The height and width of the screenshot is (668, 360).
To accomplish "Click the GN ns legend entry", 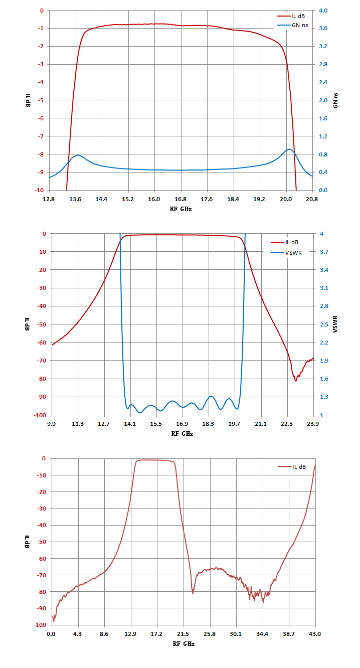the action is [x=293, y=26].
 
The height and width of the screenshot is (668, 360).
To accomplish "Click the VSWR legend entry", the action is [x=286, y=253].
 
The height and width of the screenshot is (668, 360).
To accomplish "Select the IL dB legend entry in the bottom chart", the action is [x=292, y=467].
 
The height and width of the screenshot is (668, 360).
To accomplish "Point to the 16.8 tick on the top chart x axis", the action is [x=181, y=199].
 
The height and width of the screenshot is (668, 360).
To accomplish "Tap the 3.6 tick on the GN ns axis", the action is [x=323, y=28].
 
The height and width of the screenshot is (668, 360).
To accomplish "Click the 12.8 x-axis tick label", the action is [x=49, y=199].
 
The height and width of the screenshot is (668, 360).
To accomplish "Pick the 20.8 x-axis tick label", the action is [x=312, y=199].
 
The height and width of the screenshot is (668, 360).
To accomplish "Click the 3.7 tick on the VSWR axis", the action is [x=324, y=252].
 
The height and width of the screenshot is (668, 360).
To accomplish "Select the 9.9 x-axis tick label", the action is [x=51, y=424].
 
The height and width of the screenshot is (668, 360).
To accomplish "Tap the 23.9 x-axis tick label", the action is [x=313, y=424].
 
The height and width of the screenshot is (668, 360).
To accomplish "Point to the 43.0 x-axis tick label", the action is [x=315, y=634].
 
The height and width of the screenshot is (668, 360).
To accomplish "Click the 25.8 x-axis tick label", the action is [x=210, y=634].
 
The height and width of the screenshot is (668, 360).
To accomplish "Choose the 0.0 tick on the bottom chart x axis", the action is [x=51, y=634].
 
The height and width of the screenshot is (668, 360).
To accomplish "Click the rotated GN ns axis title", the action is [x=335, y=100].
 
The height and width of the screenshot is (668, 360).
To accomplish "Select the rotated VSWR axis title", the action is [x=335, y=324].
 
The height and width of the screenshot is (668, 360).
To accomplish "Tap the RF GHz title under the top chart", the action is [x=181, y=209].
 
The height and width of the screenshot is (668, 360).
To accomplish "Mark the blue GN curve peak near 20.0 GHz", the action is [x=289, y=149].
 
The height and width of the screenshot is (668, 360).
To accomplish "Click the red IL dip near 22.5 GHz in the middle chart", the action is [x=296, y=381].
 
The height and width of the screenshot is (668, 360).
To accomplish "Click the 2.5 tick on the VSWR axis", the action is [x=324, y=324].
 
